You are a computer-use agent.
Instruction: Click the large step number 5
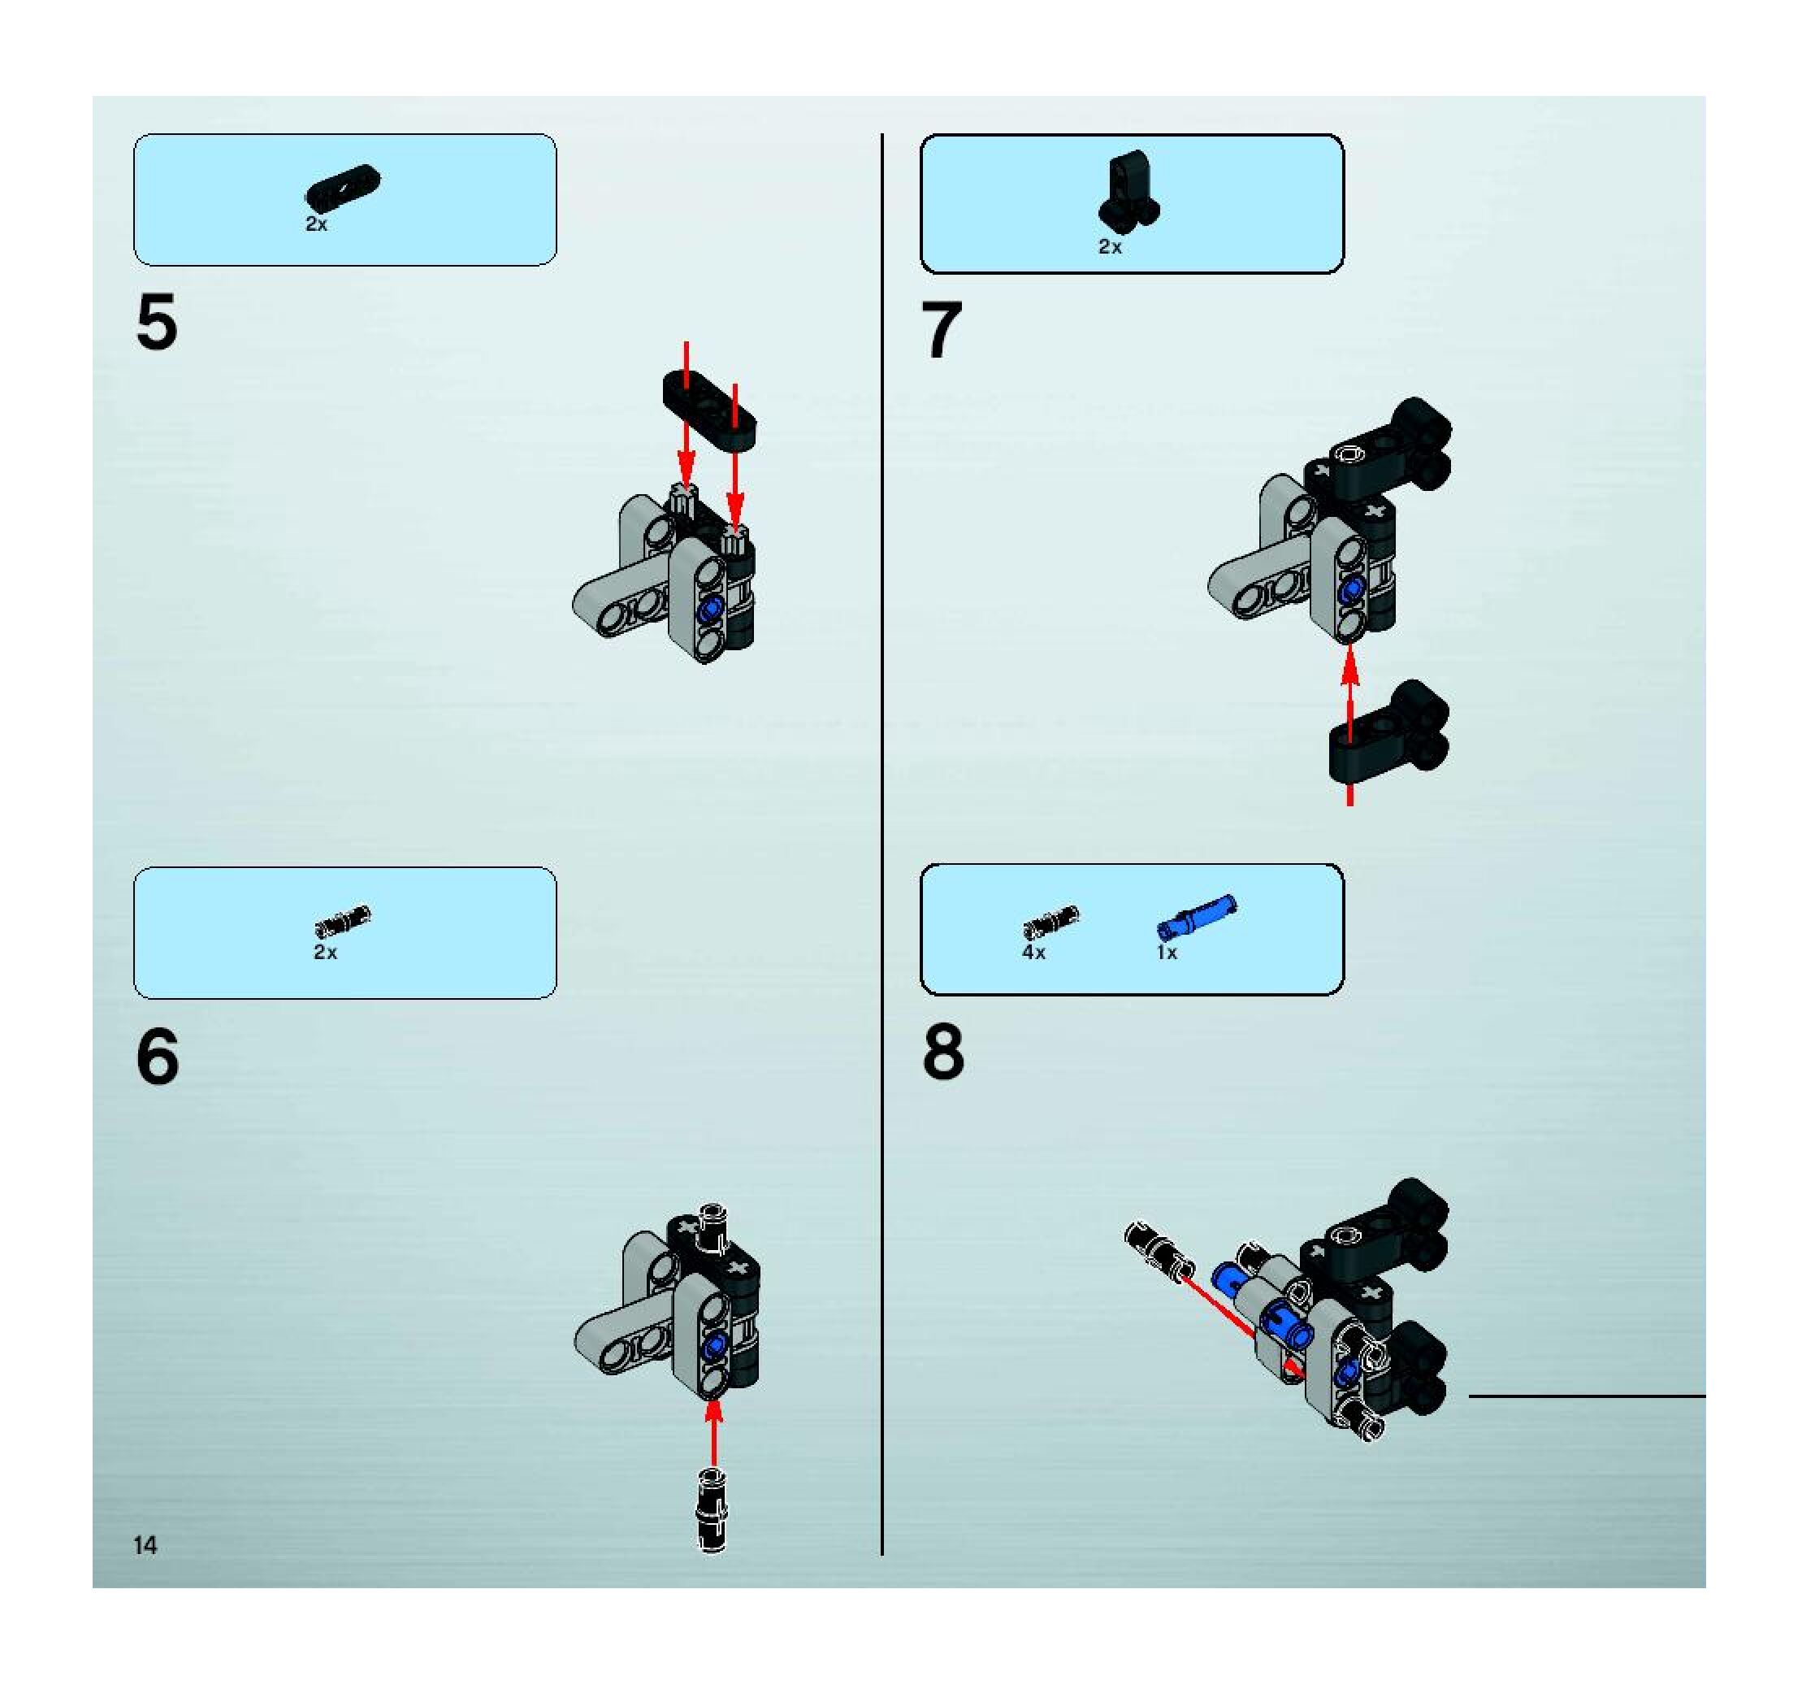click(157, 323)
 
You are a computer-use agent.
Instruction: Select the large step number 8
click(943, 1053)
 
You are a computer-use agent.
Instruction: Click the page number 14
click(145, 1546)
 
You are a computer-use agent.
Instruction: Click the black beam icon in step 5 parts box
click(344, 186)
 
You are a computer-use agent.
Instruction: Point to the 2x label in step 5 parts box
click(316, 224)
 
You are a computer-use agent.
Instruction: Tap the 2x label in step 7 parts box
click(1110, 246)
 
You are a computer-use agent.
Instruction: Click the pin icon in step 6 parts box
click(343, 921)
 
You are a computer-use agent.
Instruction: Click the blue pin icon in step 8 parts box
click(1197, 917)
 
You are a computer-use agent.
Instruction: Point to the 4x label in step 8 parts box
click(1033, 953)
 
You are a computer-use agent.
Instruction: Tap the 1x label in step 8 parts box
click(1167, 953)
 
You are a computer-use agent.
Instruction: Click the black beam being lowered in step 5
click(708, 410)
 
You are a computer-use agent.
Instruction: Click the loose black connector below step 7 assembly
click(1388, 734)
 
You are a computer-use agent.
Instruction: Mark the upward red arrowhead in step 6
click(714, 1412)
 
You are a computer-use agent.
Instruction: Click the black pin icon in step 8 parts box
click(1050, 922)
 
